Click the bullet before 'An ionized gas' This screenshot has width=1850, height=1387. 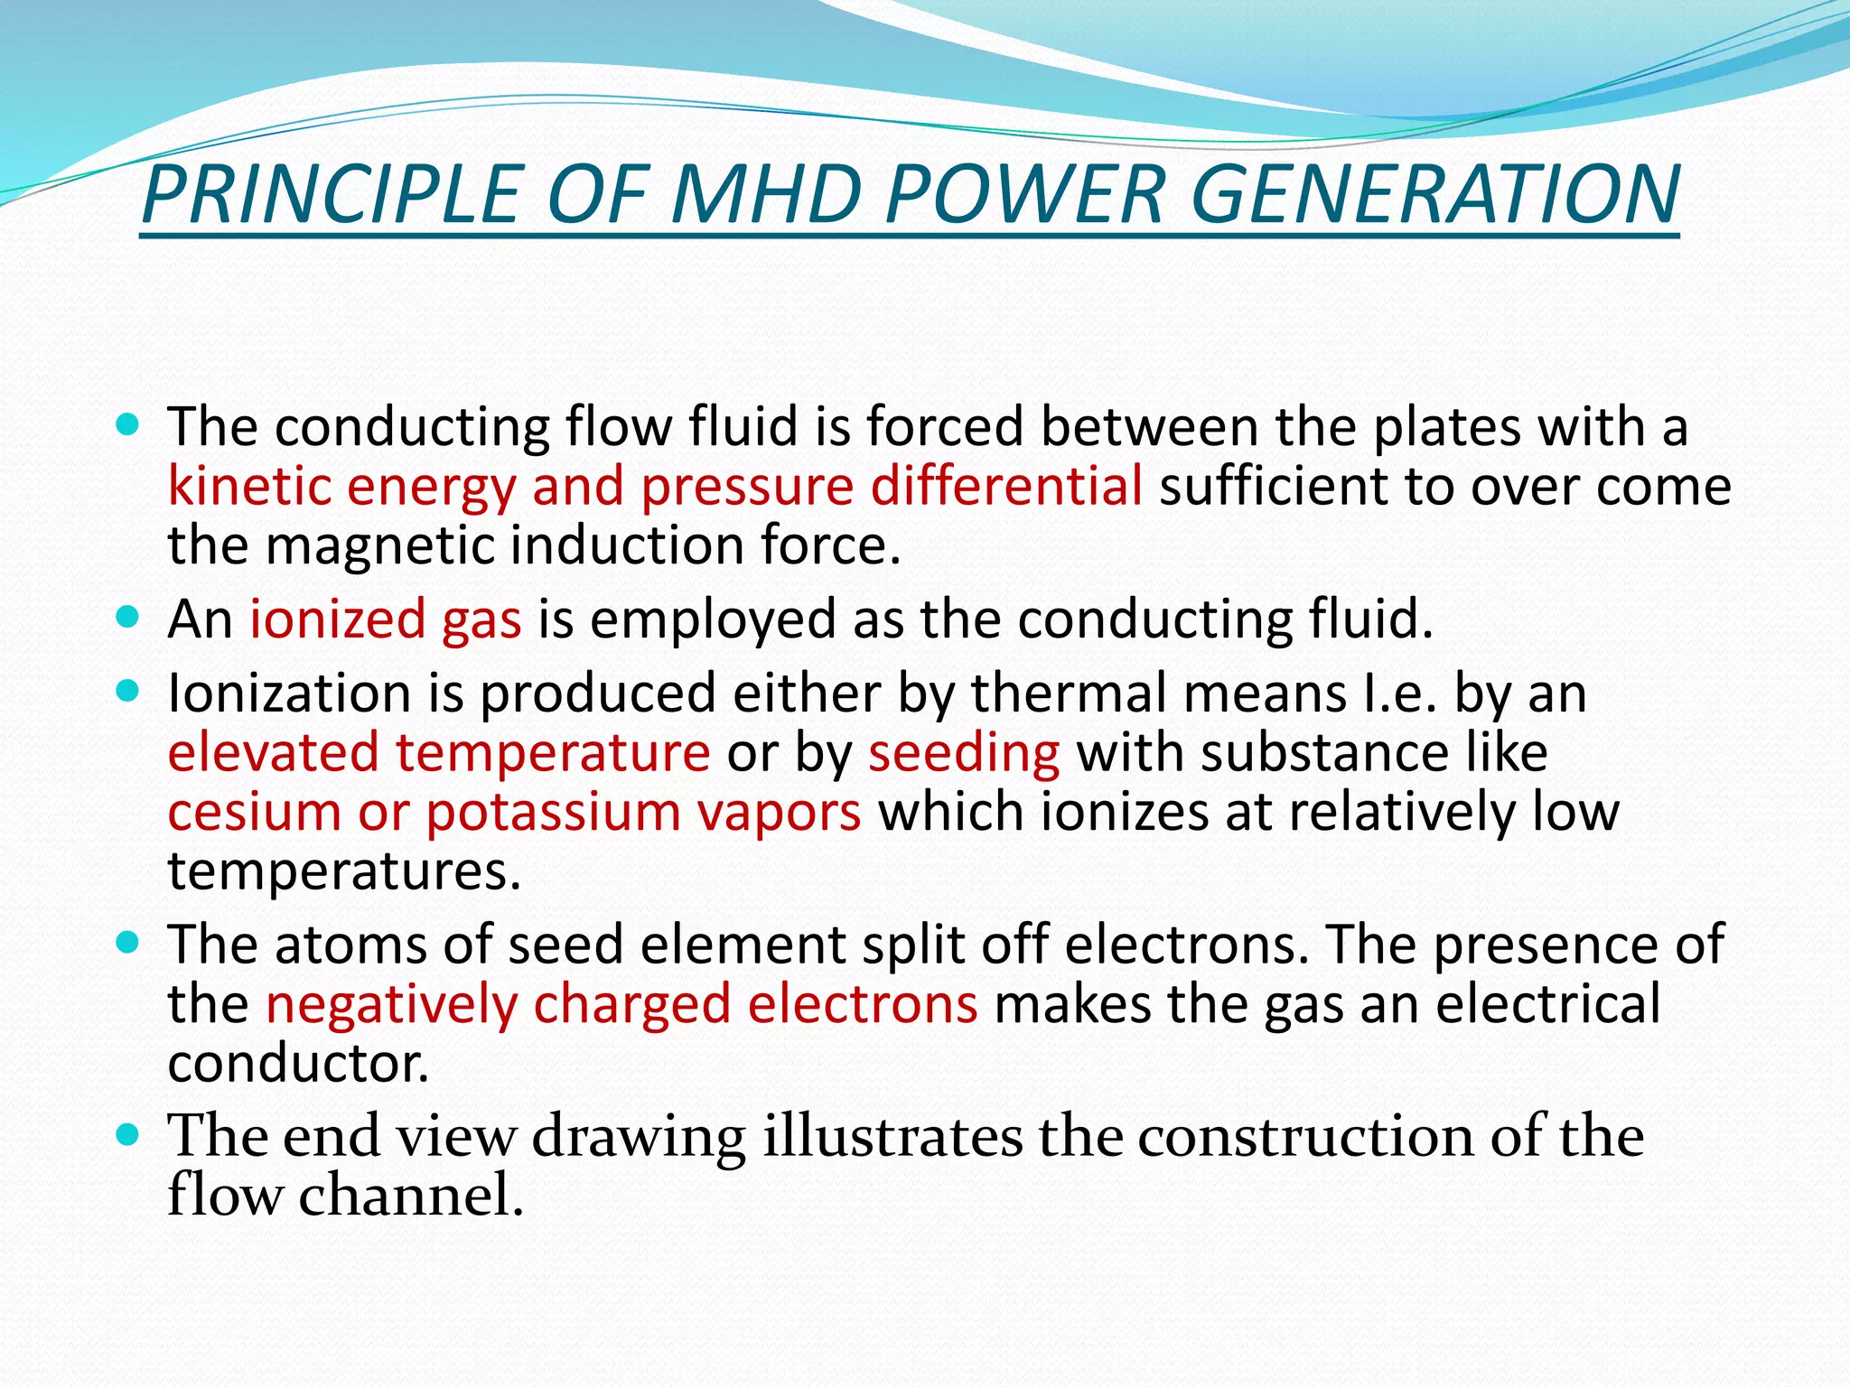[x=128, y=619]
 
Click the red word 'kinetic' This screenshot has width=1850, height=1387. [x=248, y=487]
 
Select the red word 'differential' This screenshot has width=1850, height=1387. [x=1006, y=487]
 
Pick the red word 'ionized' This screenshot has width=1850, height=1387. [x=337, y=620]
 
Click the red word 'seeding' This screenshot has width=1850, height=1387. [x=964, y=752]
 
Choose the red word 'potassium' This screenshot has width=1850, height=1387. [x=553, y=814]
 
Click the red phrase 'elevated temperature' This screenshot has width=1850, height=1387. [x=439, y=752]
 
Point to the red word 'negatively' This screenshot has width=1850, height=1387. [x=390, y=1005]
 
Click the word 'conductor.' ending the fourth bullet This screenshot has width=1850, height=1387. [x=298, y=1064]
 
